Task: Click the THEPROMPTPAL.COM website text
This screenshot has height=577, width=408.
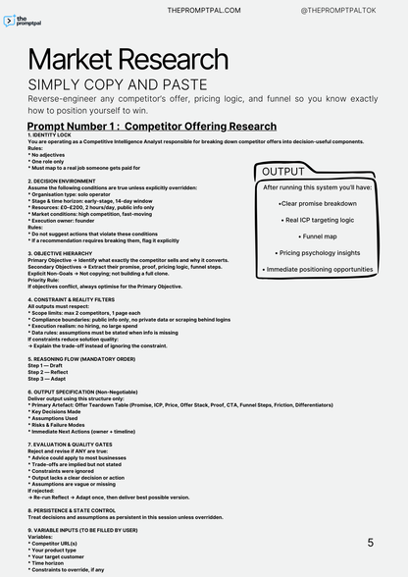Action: (206, 10)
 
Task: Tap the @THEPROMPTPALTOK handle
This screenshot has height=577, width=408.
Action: (346, 10)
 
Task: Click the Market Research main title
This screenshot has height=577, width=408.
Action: (128, 61)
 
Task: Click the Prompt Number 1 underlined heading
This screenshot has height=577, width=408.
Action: (151, 126)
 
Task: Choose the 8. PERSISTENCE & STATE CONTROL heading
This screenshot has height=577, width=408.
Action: (84, 511)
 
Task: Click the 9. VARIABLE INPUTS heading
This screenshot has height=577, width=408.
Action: (81, 530)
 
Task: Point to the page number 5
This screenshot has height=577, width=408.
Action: (370, 542)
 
